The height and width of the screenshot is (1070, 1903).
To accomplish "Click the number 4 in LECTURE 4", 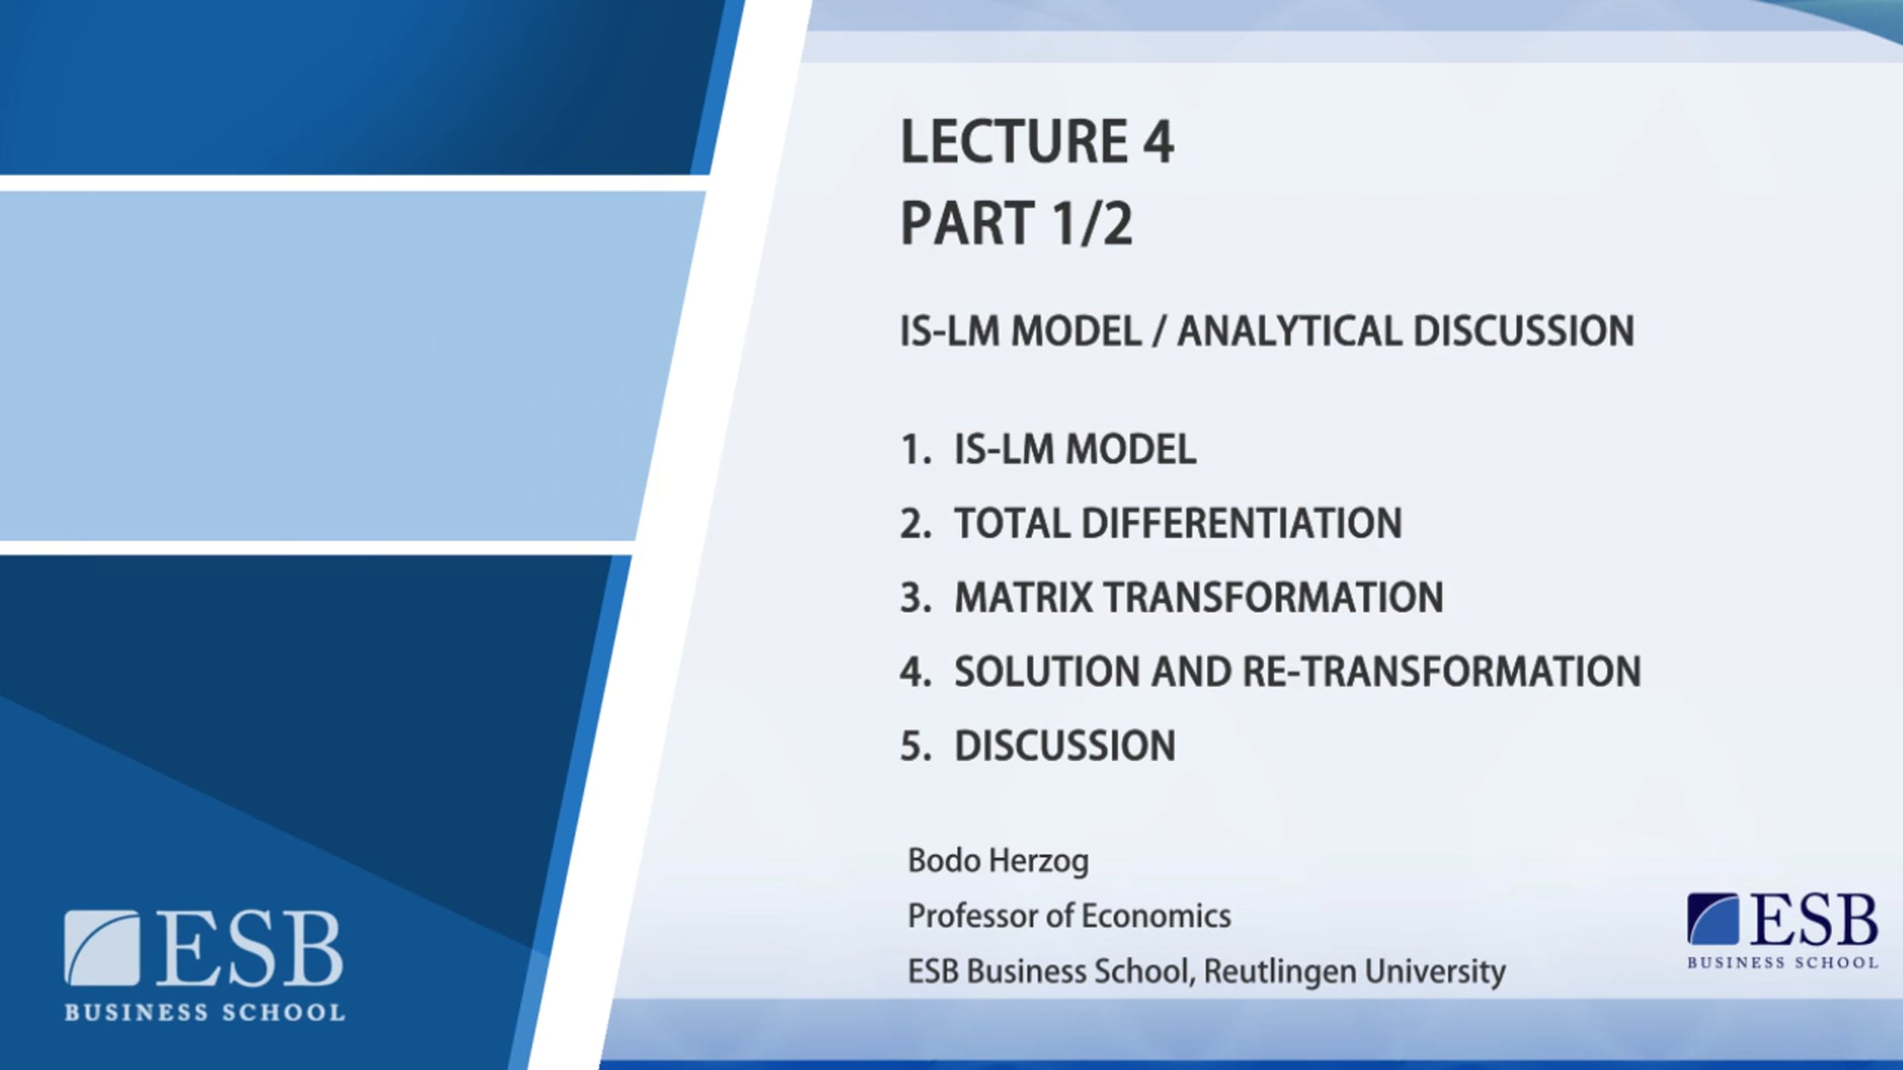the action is [1158, 142].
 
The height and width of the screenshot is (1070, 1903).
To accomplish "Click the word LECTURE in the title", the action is [1014, 142].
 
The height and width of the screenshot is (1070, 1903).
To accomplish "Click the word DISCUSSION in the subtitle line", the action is [1523, 331].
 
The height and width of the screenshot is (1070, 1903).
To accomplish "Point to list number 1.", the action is [915, 449].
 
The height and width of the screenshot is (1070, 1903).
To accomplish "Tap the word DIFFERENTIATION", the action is [1242, 524].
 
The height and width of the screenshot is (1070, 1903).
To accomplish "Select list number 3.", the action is [915, 598].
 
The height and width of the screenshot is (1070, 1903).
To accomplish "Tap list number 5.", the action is [915, 747].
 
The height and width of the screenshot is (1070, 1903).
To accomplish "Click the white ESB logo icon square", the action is [101, 948].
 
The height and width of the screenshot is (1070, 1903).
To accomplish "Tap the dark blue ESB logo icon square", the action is [1713, 919].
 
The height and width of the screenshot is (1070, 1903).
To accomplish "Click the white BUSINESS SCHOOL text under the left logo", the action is [205, 1012].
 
